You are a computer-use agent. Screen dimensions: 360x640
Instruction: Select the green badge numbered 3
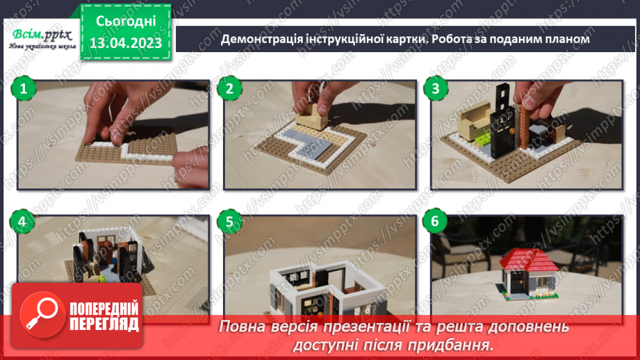[x=436, y=88]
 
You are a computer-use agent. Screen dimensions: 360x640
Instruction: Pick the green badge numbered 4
[x=23, y=222]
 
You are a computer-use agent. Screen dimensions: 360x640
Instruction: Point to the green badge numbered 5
[x=228, y=222]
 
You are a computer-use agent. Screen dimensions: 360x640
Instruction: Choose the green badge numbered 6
[x=436, y=222]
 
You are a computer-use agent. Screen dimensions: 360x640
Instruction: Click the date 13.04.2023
[x=126, y=43]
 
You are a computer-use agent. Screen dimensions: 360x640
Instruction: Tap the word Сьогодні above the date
[x=126, y=21]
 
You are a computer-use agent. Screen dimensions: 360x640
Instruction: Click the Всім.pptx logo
[x=40, y=36]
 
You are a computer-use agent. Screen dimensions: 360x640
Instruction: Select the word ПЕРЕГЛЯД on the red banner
[x=104, y=325]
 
